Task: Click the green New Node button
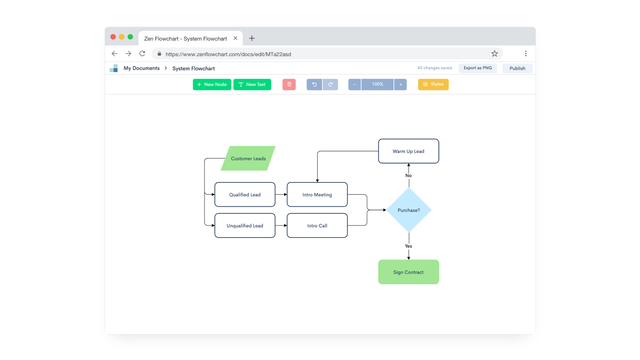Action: pyautogui.click(x=212, y=85)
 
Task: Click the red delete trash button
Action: pyautogui.click(x=289, y=85)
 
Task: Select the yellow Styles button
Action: pyautogui.click(x=433, y=85)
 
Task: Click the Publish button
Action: pyautogui.click(x=517, y=69)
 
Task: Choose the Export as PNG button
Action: pyautogui.click(x=477, y=68)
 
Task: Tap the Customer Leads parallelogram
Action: pyautogui.click(x=248, y=159)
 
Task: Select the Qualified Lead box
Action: pyautogui.click(x=245, y=195)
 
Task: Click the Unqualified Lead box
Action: pyautogui.click(x=245, y=226)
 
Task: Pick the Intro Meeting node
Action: pyautogui.click(x=317, y=195)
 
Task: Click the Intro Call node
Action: pyautogui.click(x=317, y=226)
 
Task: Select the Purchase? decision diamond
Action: pyautogui.click(x=408, y=211)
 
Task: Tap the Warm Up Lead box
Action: pyautogui.click(x=408, y=152)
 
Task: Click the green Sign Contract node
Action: pyautogui.click(x=408, y=272)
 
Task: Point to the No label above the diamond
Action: pyautogui.click(x=408, y=176)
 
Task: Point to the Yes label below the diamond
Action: pyautogui.click(x=408, y=246)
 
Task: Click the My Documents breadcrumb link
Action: pyautogui.click(x=141, y=69)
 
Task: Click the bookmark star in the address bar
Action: pyautogui.click(x=494, y=54)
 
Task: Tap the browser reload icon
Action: pyautogui.click(x=142, y=54)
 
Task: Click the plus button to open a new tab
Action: pyautogui.click(x=252, y=38)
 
